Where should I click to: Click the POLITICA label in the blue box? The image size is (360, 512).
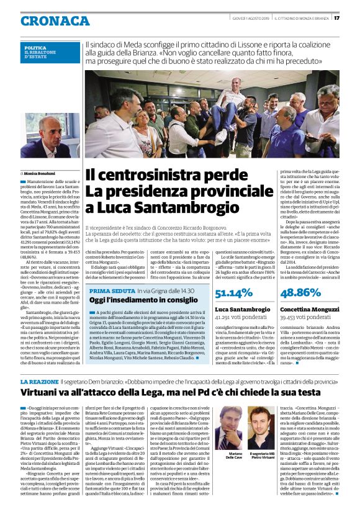pos(35,48)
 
